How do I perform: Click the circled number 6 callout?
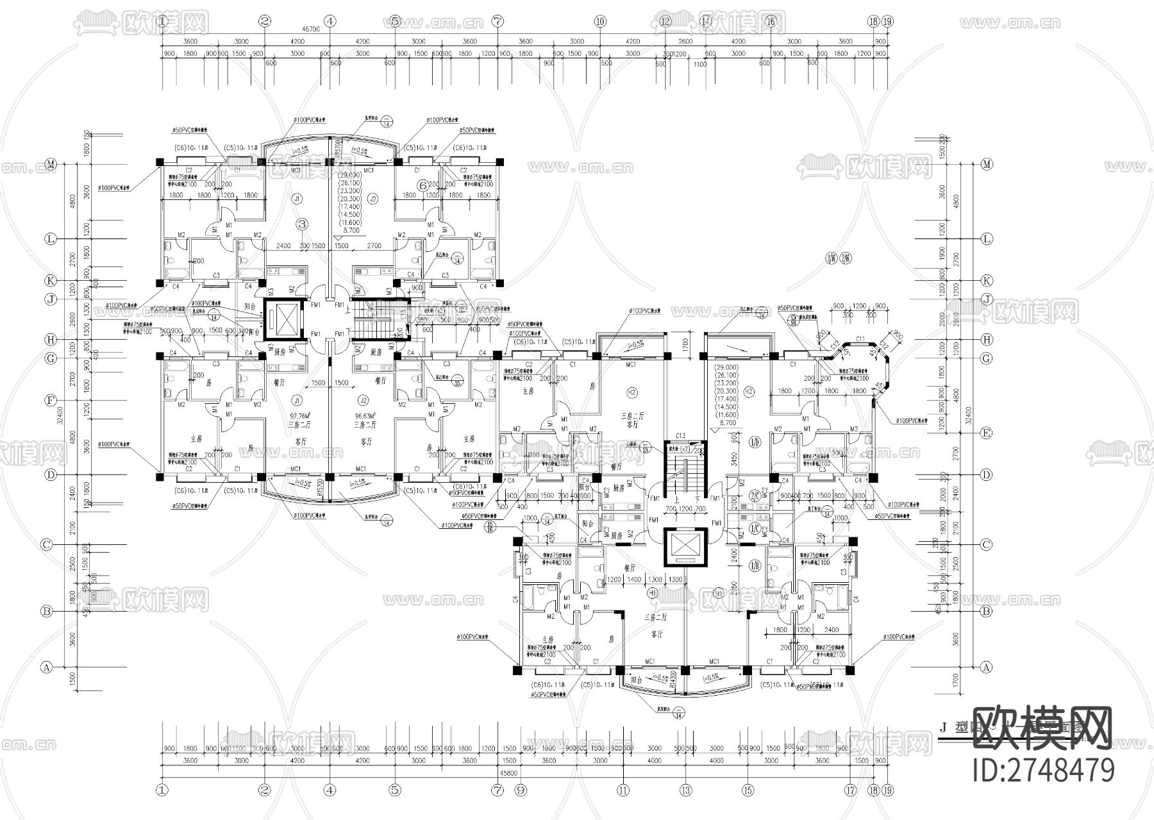click(x=422, y=185)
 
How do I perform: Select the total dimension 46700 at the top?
click(x=311, y=29)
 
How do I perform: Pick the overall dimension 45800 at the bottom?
click(x=510, y=774)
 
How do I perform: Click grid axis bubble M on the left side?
click(x=51, y=165)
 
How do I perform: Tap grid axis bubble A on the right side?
click(x=987, y=667)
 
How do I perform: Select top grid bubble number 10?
click(x=600, y=21)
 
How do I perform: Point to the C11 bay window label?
click(x=860, y=339)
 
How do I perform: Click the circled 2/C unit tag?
click(x=755, y=494)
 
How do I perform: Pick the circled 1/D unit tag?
click(x=754, y=442)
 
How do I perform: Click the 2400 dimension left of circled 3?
click(x=284, y=246)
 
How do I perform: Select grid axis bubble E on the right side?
click(x=987, y=433)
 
